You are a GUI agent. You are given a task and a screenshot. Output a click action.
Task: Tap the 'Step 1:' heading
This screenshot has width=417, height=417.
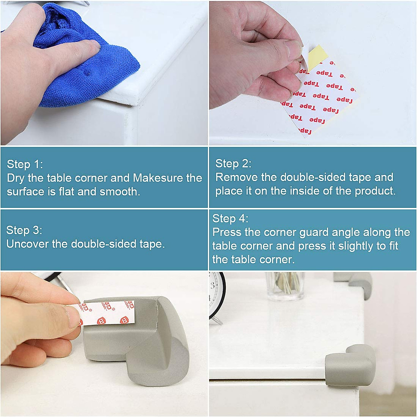[x=25, y=164]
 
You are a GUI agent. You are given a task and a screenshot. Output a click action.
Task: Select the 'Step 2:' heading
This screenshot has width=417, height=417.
[x=233, y=163]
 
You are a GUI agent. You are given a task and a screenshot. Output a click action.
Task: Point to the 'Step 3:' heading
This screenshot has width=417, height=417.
[x=24, y=230]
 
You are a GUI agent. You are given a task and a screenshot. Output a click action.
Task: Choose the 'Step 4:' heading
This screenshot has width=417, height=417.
[x=230, y=219]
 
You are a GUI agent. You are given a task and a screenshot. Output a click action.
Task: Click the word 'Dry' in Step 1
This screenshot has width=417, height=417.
[x=16, y=178]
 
